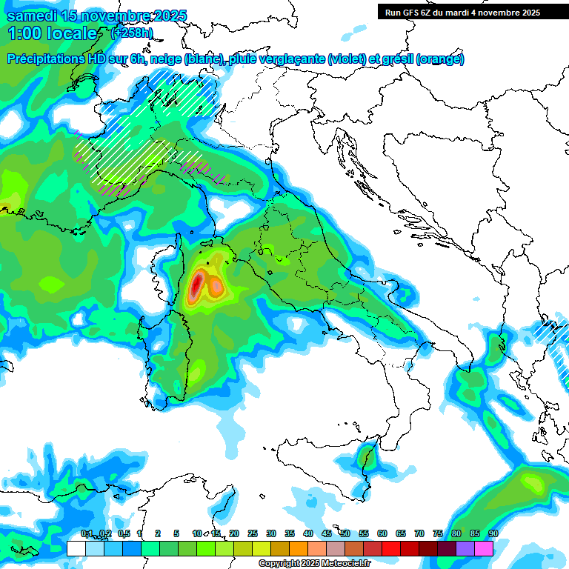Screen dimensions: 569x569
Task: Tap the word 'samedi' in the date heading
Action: (x=31, y=16)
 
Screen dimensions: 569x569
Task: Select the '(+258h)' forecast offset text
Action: (x=132, y=33)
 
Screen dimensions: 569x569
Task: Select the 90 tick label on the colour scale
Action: (x=493, y=534)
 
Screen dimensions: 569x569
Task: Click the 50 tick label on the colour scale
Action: (x=345, y=534)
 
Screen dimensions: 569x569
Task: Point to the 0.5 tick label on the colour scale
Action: (x=124, y=534)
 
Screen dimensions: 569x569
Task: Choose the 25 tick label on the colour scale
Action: (x=253, y=534)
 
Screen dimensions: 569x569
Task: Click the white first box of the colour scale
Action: (x=76, y=548)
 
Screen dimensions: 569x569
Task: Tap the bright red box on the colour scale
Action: (x=391, y=548)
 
